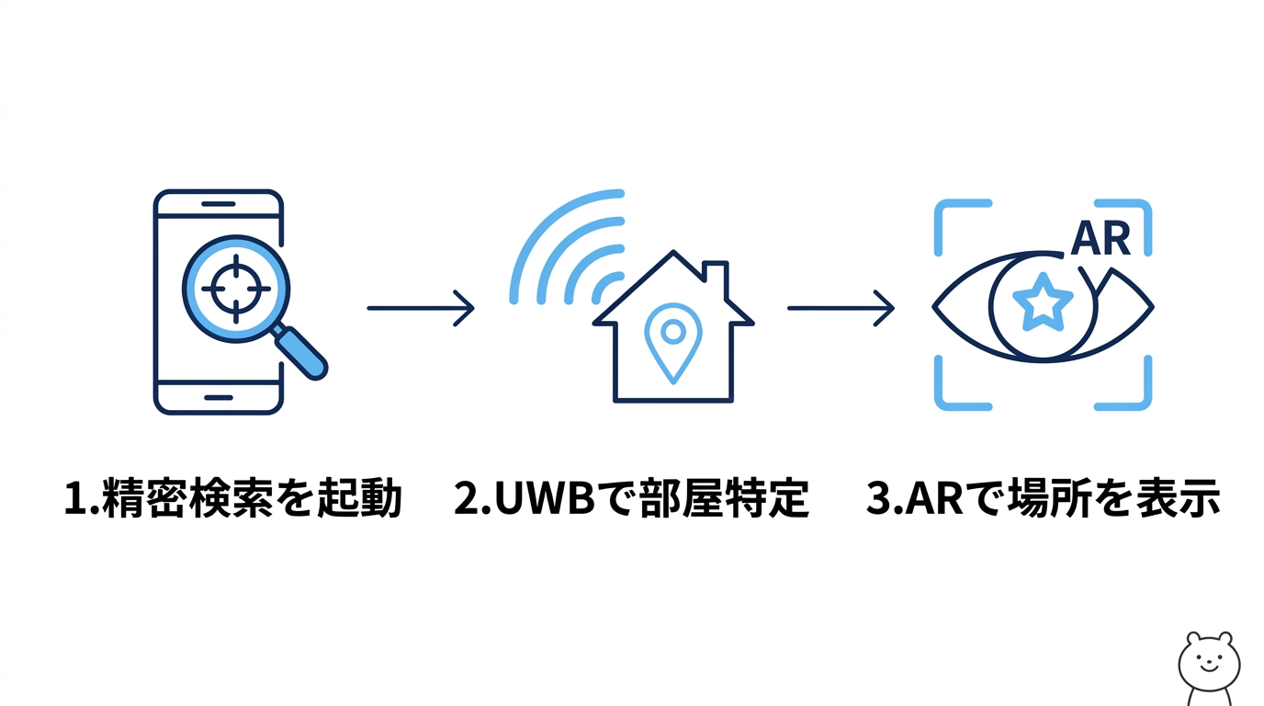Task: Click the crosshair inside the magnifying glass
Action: point(236,289)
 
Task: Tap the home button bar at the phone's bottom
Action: point(218,398)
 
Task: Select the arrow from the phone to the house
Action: point(421,308)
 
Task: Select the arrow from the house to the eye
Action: point(841,308)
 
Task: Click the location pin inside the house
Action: point(673,341)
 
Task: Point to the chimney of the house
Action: point(716,276)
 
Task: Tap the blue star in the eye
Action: point(1042,302)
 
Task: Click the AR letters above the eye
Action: point(1100,238)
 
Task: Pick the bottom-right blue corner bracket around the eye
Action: point(1134,391)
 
